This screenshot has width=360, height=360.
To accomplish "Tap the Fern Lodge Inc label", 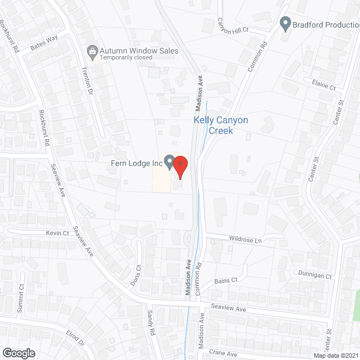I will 136,164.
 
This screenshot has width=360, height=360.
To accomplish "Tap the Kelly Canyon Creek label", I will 220,125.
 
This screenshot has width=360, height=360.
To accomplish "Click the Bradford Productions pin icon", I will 285,24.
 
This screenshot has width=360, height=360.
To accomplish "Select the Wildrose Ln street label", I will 246,240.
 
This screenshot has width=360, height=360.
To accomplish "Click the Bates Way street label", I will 44,44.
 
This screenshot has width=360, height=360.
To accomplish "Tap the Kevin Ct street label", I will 57,233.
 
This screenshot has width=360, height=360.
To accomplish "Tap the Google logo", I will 18,353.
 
